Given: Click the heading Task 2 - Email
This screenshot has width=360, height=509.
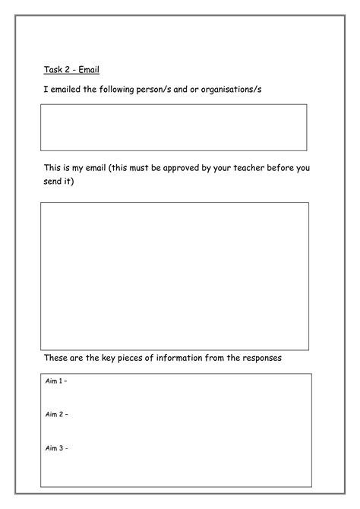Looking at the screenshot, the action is (71, 70).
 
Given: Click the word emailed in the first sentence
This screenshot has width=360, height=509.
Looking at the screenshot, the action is (73, 90).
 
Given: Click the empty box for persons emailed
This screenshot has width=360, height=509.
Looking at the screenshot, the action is (174, 127).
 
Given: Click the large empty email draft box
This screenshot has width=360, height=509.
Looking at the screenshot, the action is (175, 276).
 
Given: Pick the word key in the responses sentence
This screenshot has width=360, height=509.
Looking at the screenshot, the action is (115, 358).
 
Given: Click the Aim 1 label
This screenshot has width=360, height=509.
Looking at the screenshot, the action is (56, 382).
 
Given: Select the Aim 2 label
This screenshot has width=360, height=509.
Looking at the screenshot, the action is (56, 415).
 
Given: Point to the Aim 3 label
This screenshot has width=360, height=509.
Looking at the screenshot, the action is (56, 447).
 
